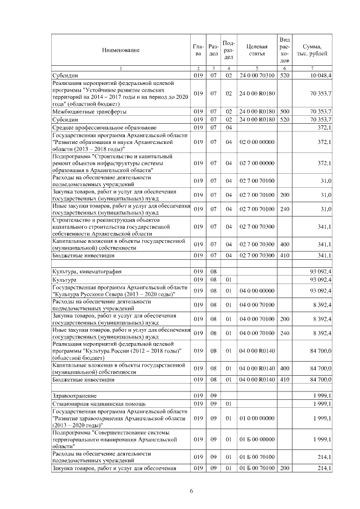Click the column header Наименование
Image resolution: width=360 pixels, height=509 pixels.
coord(120,51)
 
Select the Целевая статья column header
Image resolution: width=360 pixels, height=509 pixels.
coord(256,51)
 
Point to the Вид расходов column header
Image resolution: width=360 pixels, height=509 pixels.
coord(285,50)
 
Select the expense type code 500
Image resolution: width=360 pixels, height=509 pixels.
coord(285,111)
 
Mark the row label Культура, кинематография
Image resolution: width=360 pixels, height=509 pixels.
coord(86,271)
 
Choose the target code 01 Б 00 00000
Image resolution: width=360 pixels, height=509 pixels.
coord(256,439)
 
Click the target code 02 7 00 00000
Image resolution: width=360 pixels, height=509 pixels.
coord(256,163)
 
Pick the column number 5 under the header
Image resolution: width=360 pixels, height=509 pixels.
coord(256,68)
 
